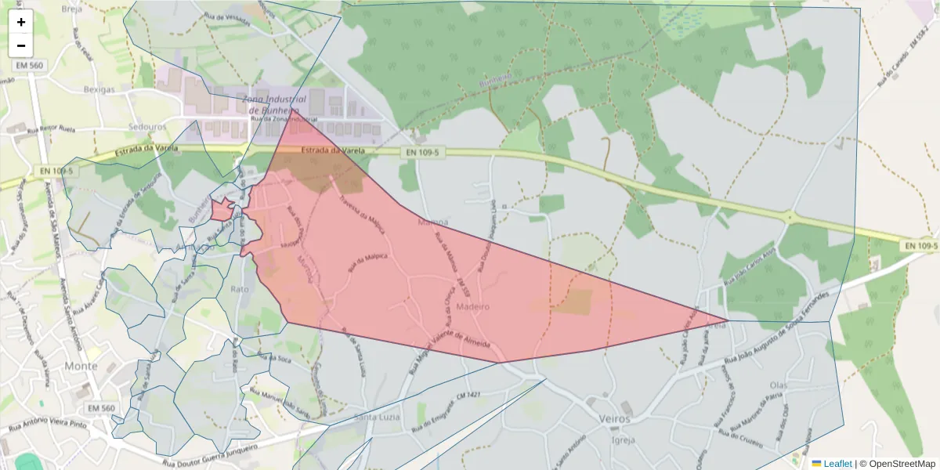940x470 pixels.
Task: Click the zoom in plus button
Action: coord(21,22)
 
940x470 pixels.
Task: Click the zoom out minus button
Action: coord(21,45)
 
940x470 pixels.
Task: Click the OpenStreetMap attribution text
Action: coord(897,464)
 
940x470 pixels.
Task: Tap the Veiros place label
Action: coord(613,419)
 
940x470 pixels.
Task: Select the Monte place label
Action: coord(81,366)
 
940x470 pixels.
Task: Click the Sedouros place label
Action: coord(147,125)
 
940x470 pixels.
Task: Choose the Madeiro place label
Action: coord(472,306)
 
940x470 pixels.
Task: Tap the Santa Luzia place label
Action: coord(378,417)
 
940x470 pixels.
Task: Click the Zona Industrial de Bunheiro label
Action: coord(271,105)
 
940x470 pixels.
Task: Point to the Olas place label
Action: coord(778,385)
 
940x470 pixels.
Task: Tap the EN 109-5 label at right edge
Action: coord(920,246)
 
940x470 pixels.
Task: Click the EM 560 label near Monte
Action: coord(101,408)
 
